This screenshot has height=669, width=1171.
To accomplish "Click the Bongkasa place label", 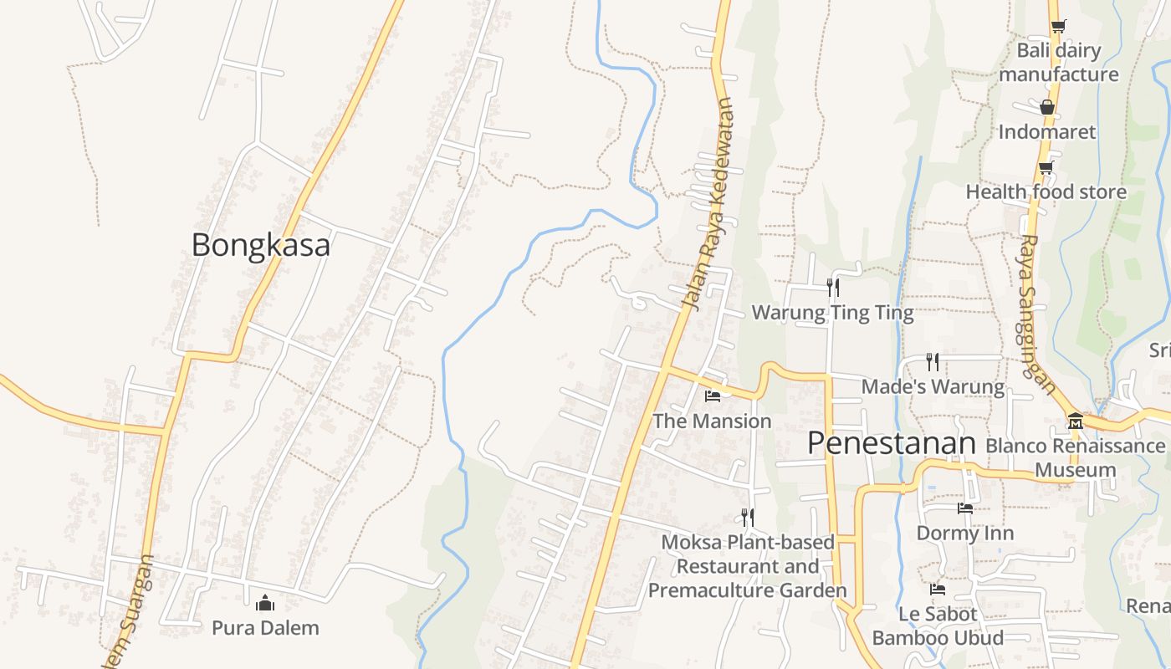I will click(x=261, y=245).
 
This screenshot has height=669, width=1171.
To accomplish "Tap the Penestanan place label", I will click(x=892, y=443).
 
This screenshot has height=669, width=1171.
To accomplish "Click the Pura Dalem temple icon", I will click(x=265, y=602).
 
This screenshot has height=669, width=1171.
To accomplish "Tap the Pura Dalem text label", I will click(x=265, y=627).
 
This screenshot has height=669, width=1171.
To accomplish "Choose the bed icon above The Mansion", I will click(x=713, y=396).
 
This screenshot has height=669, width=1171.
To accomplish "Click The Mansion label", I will click(x=712, y=421).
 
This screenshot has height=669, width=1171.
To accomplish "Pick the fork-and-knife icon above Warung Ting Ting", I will click(x=833, y=288).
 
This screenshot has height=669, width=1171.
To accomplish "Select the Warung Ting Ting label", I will click(x=832, y=313).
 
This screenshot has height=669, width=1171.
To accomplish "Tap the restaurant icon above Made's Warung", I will click(x=933, y=361).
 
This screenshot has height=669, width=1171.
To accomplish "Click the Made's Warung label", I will click(x=933, y=386).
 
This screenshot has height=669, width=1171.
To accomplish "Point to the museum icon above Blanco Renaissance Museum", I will click(x=1076, y=421).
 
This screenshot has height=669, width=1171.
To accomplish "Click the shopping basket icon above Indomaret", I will click(x=1046, y=107).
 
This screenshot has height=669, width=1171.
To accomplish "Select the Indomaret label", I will click(x=1046, y=131).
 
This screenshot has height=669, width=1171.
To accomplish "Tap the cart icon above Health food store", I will click(x=1046, y=167).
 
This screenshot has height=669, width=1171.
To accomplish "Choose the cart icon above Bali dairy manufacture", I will click(x=1058, y=26).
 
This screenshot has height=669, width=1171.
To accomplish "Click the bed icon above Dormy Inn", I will click(x=965, y=508).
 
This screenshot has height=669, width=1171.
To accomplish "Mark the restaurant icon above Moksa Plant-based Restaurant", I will click(x=747, y=518).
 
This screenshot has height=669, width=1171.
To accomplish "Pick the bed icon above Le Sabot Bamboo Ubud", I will click(x=938, y=590).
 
